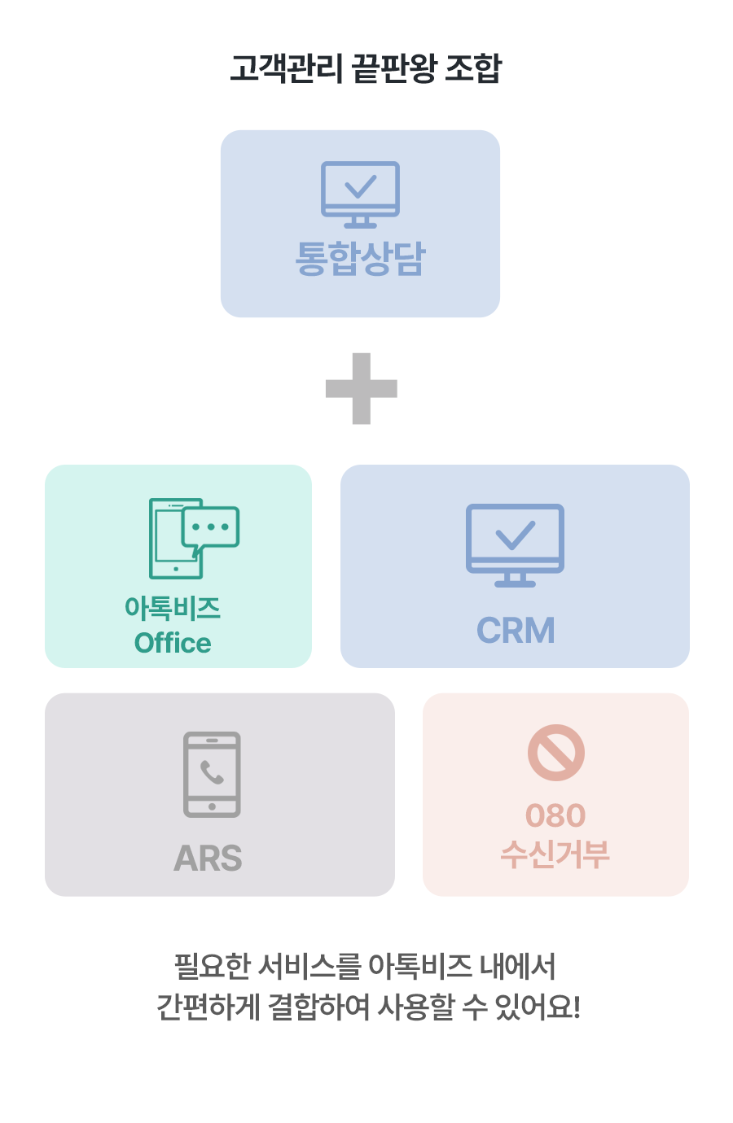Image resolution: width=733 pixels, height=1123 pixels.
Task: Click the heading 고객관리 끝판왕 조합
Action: pyautogui.click(x=366, y=68)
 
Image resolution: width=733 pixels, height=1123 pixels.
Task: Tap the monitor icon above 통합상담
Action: pyautogui.click(x=360, y=194)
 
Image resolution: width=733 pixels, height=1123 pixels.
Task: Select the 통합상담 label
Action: pyautogui.click(x=360, y=259)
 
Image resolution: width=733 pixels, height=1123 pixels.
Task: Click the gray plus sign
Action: pyautogui.click(x=361, y=388)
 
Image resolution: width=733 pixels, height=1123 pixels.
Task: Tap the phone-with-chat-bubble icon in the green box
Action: pyautogui.click(x=193, y=538)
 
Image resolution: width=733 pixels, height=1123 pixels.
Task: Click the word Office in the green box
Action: pyautogui.click(x=173, y=643)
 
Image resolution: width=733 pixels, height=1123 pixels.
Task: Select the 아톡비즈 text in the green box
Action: pyautogui.click(x=173, y=607)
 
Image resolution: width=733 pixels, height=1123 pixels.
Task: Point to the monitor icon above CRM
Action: pyautogui.click(x=515, y=544)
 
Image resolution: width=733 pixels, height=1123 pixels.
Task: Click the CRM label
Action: pyautogui.click(x=516, y=631)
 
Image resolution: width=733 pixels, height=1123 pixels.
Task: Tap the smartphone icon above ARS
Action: pyautogui.click(x=212, y=774)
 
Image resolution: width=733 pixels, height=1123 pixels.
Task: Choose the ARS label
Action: pyautogui.click(x=208, y=859)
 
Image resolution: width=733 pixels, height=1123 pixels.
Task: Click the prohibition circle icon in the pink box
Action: pyautogui.click(x=556, y=753)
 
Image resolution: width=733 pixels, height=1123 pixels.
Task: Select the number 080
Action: pyautogui.click(x=555, y=815)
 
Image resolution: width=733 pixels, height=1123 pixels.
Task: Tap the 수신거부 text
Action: pyautogui.click(x=555, y=854)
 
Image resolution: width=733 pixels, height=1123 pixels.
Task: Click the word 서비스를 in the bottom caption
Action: pyautogui.click(x=309, y=967)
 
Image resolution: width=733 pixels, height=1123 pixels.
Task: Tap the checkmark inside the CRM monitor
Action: pyautogui.click(x=515, y=535)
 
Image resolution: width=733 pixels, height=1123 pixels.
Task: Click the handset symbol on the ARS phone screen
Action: pyautogui.click(x=212, y=772)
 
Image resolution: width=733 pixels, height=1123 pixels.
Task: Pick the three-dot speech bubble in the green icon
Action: pyautogui.click(x=211, y=527)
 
